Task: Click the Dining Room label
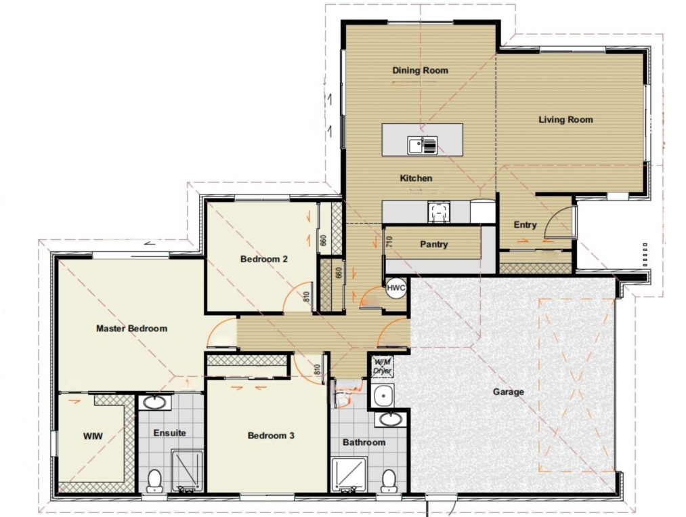[420, 70]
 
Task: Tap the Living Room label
[565, 119]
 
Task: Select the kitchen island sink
[422, 146]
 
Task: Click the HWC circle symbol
[396, 288]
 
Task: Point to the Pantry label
[433, 245]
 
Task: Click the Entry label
[525, 225]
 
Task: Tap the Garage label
[509, 392]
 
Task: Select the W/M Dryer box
[383, 367]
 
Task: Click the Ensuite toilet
[154, 480]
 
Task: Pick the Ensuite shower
[187, 471]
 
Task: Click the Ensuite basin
[155, 402]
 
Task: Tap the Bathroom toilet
[389, 480]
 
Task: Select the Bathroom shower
[349, 474]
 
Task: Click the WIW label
[93, 436]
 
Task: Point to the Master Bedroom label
[131, 329]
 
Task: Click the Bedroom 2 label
[264, 259]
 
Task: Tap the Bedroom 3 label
[271, 436]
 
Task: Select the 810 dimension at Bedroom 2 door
[306, 297]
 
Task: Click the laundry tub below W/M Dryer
[384, 396]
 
